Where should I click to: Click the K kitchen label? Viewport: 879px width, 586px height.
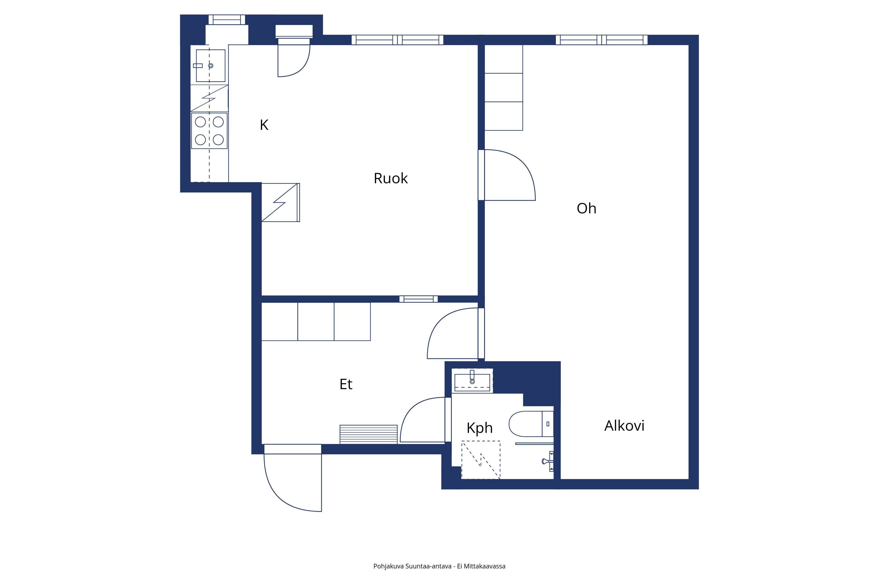coord(264,125)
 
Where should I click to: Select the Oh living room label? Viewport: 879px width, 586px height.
coord(586,209)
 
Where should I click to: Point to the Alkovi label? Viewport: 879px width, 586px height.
coord(625,426)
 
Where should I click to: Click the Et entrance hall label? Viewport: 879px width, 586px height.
coord(346,384)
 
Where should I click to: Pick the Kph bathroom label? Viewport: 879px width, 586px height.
coord(479,428)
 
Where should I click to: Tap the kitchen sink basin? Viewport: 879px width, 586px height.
coord(211,66)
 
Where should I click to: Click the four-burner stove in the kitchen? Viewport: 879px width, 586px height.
coord(209,131)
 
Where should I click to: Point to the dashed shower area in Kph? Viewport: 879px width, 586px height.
coord(481,460)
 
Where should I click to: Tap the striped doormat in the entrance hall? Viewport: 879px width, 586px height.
coord(369,434)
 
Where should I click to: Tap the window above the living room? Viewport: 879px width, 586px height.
coord(602,40)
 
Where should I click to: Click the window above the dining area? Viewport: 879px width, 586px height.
coord(397,40)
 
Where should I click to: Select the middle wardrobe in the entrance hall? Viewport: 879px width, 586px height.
coord(316,321)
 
